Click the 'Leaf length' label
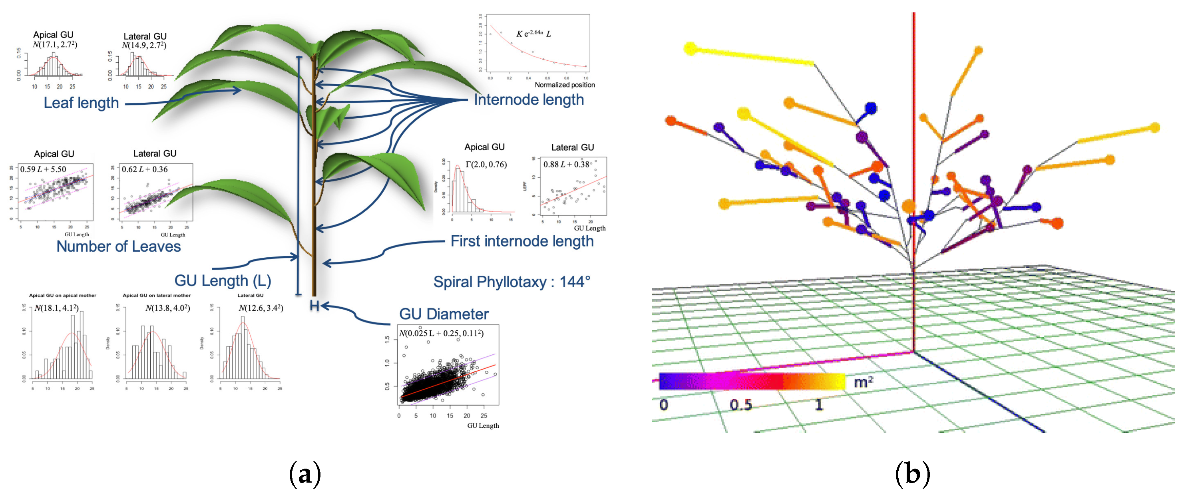81,103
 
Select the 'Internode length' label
529,99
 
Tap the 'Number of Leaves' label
118,246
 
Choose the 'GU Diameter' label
444,314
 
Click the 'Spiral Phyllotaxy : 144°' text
511,282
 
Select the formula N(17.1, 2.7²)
55,45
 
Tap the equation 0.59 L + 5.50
43,169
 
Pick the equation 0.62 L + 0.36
145,169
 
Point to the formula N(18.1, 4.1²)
56,308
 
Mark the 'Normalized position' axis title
565,85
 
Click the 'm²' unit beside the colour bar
863,382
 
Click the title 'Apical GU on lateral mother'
157,295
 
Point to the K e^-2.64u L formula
533,34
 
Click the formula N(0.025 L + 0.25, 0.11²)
441,333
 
